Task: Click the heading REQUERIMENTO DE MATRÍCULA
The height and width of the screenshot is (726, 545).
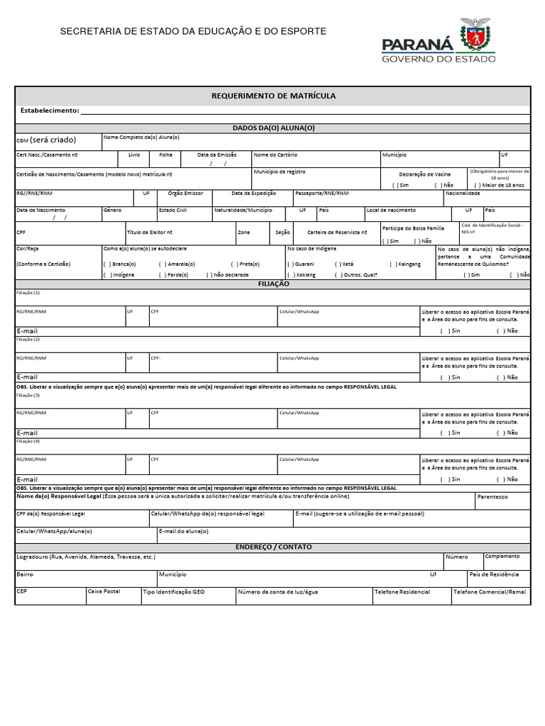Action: [x=274, y=96]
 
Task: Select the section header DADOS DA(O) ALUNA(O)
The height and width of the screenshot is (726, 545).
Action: [x=273, y=128]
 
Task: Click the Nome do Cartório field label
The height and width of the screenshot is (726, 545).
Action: [x=275, y=155]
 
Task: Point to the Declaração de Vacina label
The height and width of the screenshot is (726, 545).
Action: [x=424, y=174]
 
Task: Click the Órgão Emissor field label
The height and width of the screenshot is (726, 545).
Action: [x=185, y=193]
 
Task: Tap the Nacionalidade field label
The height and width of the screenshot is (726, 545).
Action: [x=463, y=193]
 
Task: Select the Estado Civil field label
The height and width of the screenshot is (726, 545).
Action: [x=172, y=211]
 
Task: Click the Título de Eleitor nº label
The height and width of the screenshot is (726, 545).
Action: [x=150, y=232]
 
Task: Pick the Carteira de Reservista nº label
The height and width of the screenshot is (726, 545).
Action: [x=337, y=232]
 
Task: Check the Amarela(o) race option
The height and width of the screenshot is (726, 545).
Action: [x=163, y=264]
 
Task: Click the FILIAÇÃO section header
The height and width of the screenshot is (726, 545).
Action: [x=273, y=284]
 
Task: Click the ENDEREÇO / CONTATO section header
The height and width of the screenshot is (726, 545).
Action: [x=273, y=547]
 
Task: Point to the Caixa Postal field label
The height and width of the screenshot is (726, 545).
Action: [x=104, y=591]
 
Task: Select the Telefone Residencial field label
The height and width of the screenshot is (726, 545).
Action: [x=402, y=591]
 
